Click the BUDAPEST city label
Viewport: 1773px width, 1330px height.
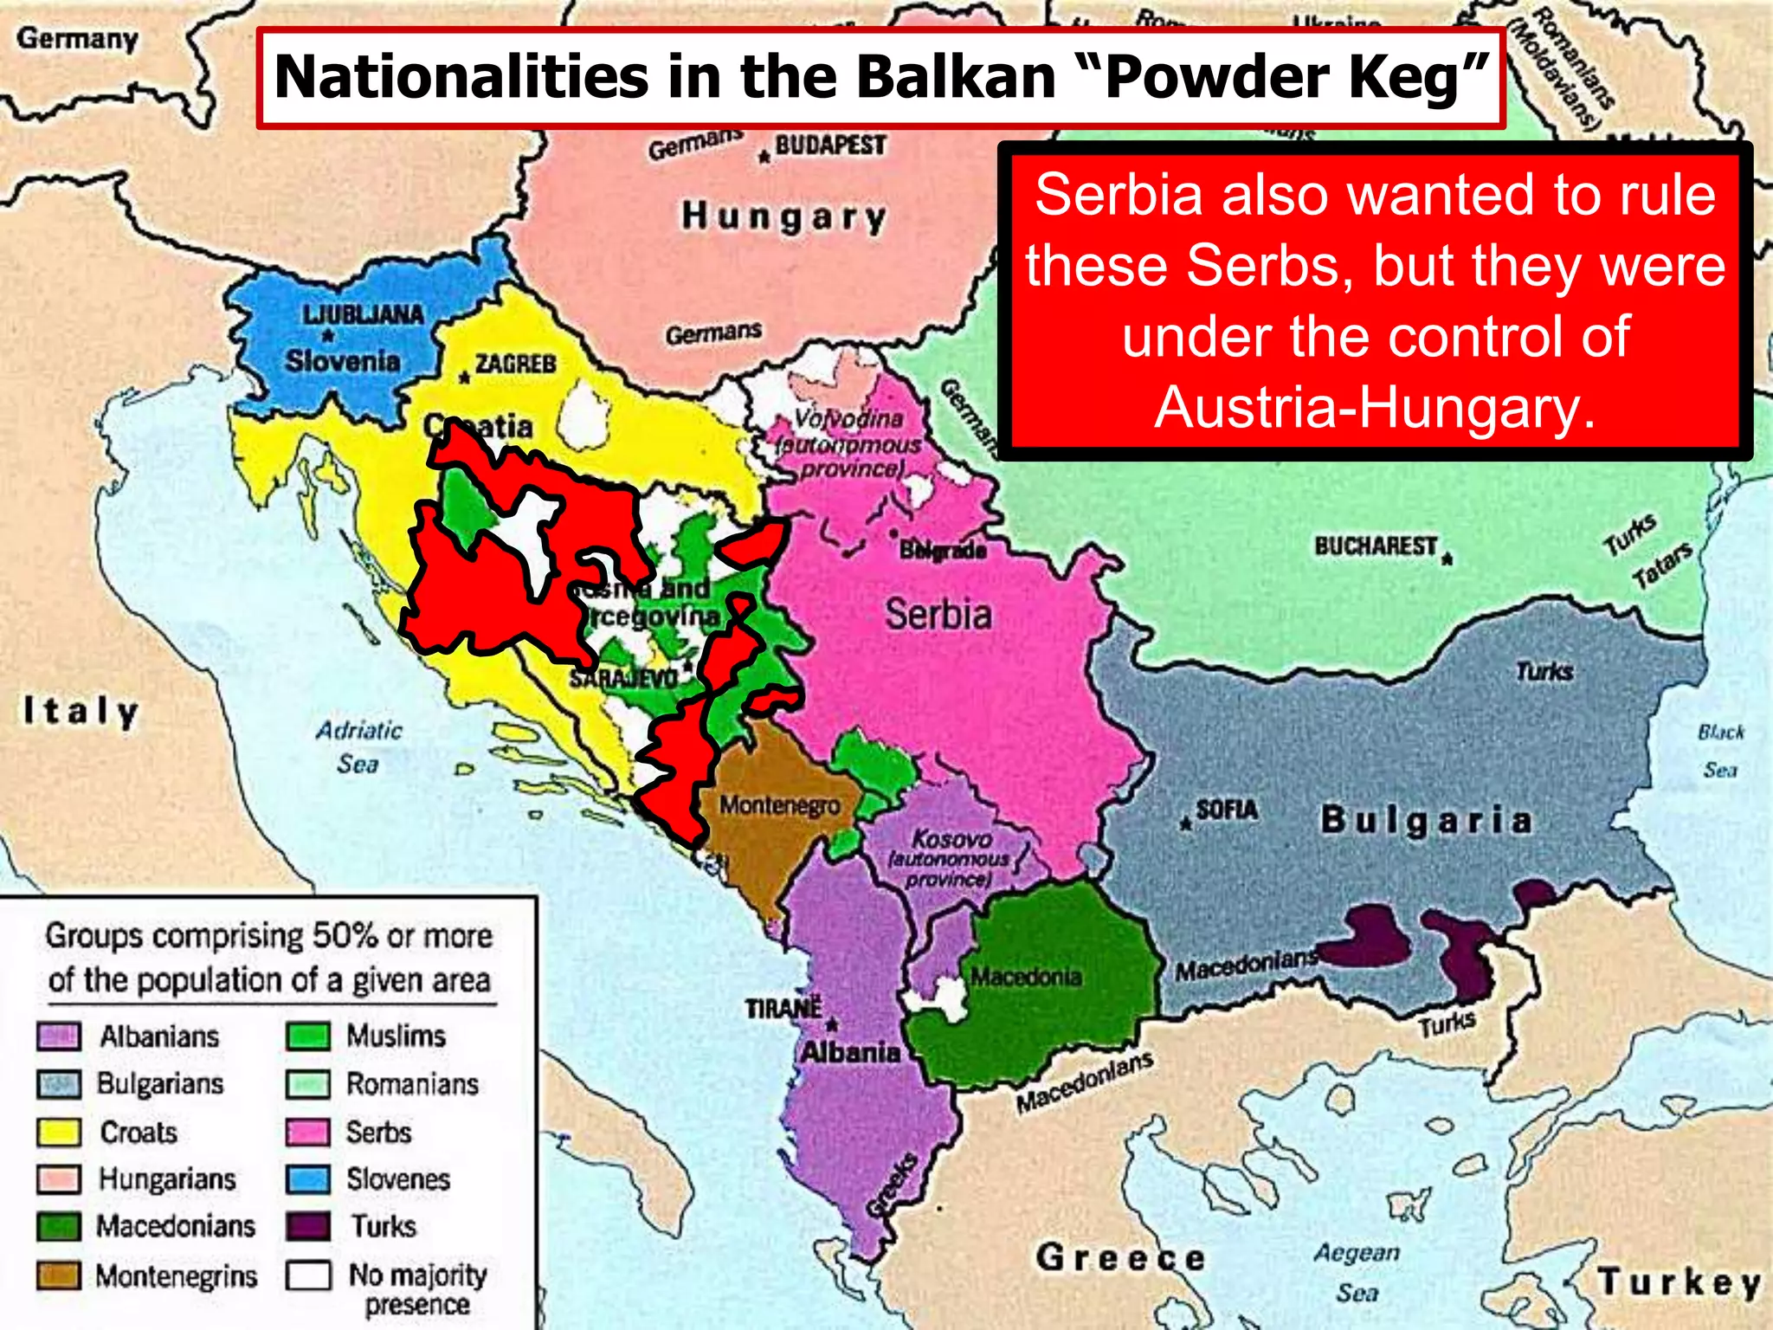pos(830,145)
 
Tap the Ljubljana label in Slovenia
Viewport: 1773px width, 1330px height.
pos(363,313)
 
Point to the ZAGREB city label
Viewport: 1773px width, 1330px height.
pos(515,364)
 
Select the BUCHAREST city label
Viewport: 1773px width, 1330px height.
pos(1376,546)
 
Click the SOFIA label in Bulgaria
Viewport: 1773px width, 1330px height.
pos(1226,810)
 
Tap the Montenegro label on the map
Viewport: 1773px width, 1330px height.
pos(780,805)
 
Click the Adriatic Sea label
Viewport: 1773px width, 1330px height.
pos(358,746)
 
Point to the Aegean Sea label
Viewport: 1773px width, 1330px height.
pos(1357,1271)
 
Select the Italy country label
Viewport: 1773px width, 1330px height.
pos(81,711)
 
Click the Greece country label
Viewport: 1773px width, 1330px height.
pos(1120,1257)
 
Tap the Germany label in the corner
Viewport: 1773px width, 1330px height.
pos(77,39)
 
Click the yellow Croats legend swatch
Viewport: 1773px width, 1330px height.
pos(59,1132)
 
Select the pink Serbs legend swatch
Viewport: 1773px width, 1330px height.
pos(308,1132)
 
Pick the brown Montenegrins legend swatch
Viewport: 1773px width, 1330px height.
pos(59,1275)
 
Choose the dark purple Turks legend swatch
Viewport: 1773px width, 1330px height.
pos(308,1227)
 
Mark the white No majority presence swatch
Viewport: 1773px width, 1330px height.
pos(308,1275)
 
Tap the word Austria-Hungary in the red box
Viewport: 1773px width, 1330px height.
pos(1374,407)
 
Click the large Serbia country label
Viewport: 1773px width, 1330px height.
pos(938,615)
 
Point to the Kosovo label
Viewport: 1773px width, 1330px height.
pos(952,838)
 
